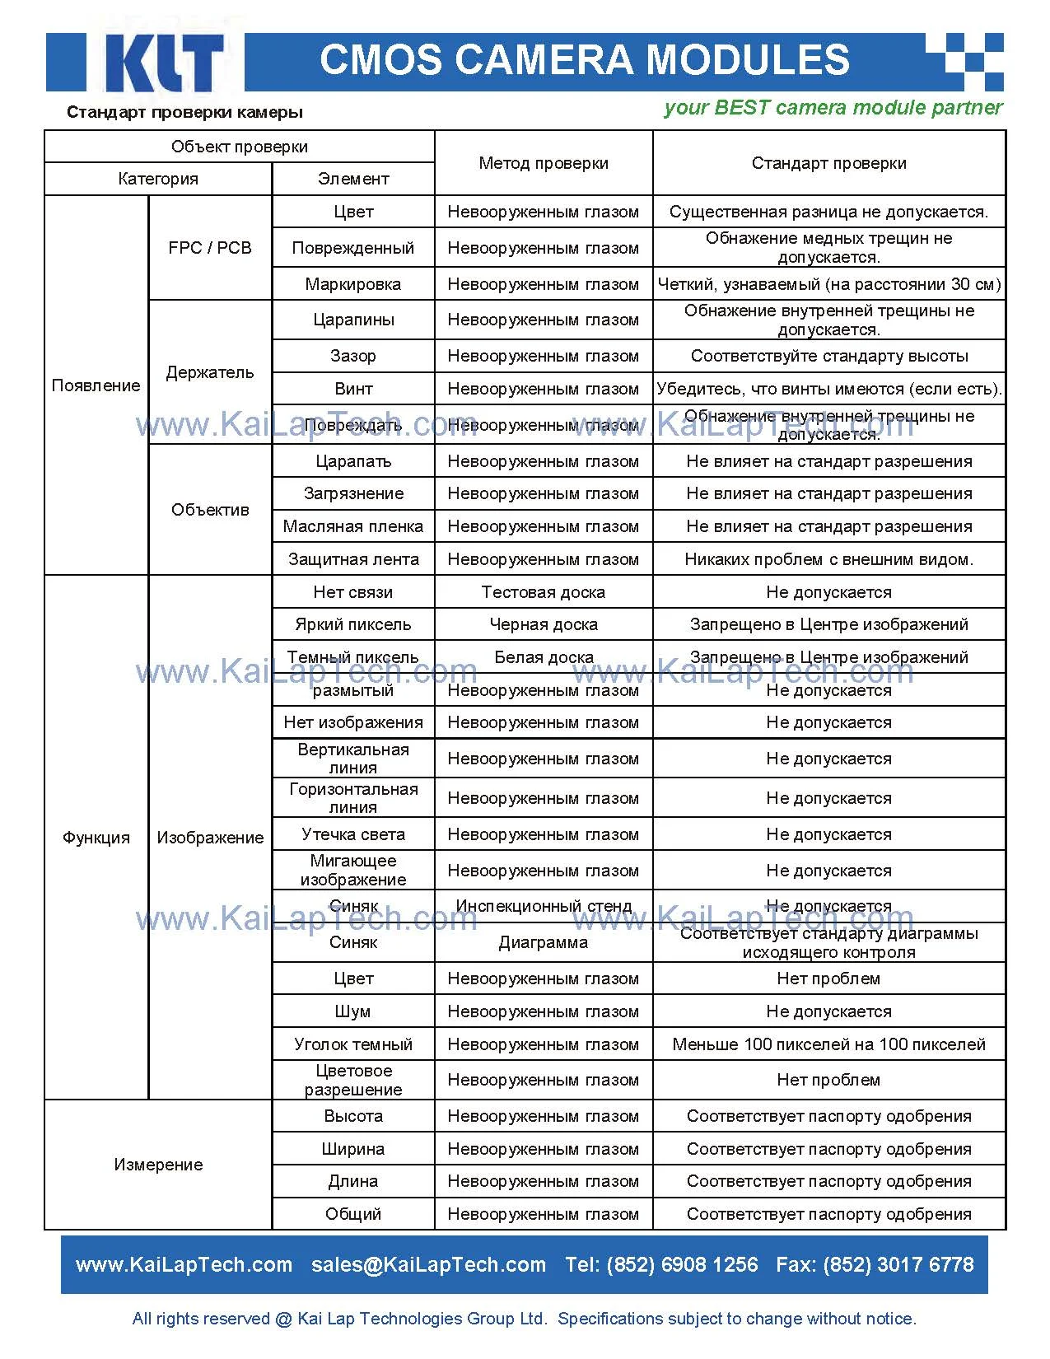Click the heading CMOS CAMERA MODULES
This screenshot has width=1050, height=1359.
(x=584, y=60)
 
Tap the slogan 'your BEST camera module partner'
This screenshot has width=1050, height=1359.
(x=833, y=108)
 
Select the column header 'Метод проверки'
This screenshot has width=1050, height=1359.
(x=544, y=163)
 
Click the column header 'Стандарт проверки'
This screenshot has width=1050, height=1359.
(x=828, y=163)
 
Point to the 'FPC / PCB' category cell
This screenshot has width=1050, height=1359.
(x=210, y=248)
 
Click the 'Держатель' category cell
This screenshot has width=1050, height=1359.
(x=210, y=372)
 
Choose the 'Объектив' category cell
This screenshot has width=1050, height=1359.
(x=210, y=510)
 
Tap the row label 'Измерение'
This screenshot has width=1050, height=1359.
(x=158, y=1165)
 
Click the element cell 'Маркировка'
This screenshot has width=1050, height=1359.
(x=352, y=284)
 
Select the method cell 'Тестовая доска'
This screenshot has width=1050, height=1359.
(x=544, y=592)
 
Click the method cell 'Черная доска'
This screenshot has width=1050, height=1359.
(x=544, y=624)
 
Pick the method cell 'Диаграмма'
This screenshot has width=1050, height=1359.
(x=544, y=942)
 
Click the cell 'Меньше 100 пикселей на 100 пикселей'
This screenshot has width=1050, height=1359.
(x=828, y=1044)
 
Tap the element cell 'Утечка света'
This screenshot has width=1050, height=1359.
(x=352, y=834)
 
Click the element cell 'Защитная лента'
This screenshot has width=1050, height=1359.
(x=352, y=559)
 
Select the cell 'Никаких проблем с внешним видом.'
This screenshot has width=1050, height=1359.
(x=828, y=559)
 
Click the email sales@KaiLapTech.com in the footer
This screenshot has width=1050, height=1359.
(x=428, y=1264)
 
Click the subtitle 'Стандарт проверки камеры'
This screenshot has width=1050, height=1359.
(x=184, y=112)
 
